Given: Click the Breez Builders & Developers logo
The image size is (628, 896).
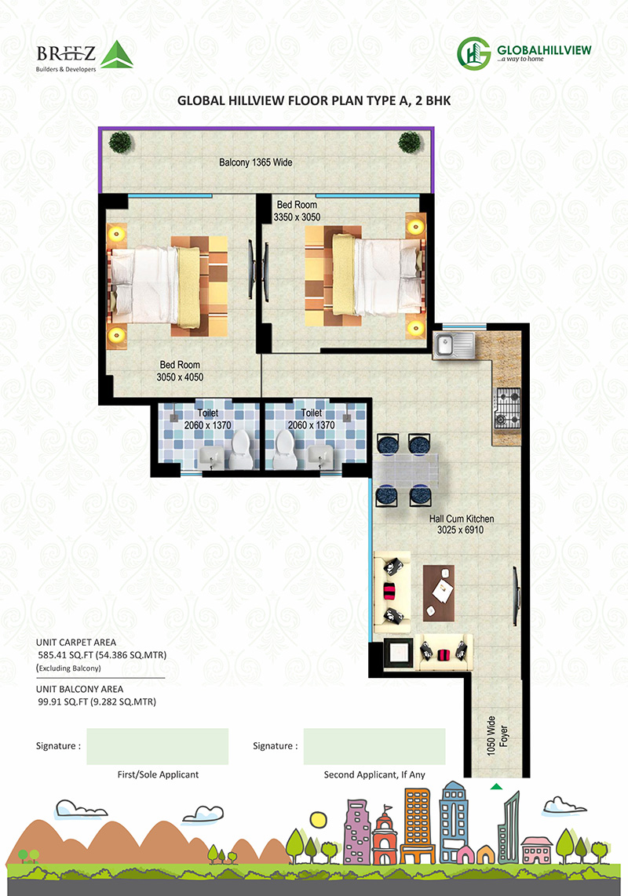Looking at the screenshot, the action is pos(85,56).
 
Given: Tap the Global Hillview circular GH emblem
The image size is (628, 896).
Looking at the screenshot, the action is pos(474,53).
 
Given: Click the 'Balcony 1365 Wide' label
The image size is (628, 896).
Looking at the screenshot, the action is pos(256,162).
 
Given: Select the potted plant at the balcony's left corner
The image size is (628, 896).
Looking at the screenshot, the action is pos(120,142).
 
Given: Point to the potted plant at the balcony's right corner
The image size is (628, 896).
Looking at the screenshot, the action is pos(410,142).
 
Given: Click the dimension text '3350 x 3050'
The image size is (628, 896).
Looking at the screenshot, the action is pos(297,217).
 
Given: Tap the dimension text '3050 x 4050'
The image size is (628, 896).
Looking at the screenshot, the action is pos(180,377).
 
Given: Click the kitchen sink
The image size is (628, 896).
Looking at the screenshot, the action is pos(453,345).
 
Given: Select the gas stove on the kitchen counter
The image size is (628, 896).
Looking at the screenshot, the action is pos(508,408).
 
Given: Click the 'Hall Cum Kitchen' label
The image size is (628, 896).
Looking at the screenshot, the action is pos(462,519).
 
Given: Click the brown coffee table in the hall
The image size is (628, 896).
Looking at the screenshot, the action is pos(439,593).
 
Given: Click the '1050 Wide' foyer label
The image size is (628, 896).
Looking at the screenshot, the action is pos(491,735).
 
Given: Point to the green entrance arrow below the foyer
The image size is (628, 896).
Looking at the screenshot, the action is pos(496,787).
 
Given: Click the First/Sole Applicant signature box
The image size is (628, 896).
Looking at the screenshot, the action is pos(157,746).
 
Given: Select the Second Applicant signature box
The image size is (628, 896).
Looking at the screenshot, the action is pos(374,746).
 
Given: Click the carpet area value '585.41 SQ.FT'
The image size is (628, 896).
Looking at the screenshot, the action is pos(63,655).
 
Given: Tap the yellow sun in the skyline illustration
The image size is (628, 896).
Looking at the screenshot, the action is pos(318,819).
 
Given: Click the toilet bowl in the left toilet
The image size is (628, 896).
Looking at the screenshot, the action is pos(241,449).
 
